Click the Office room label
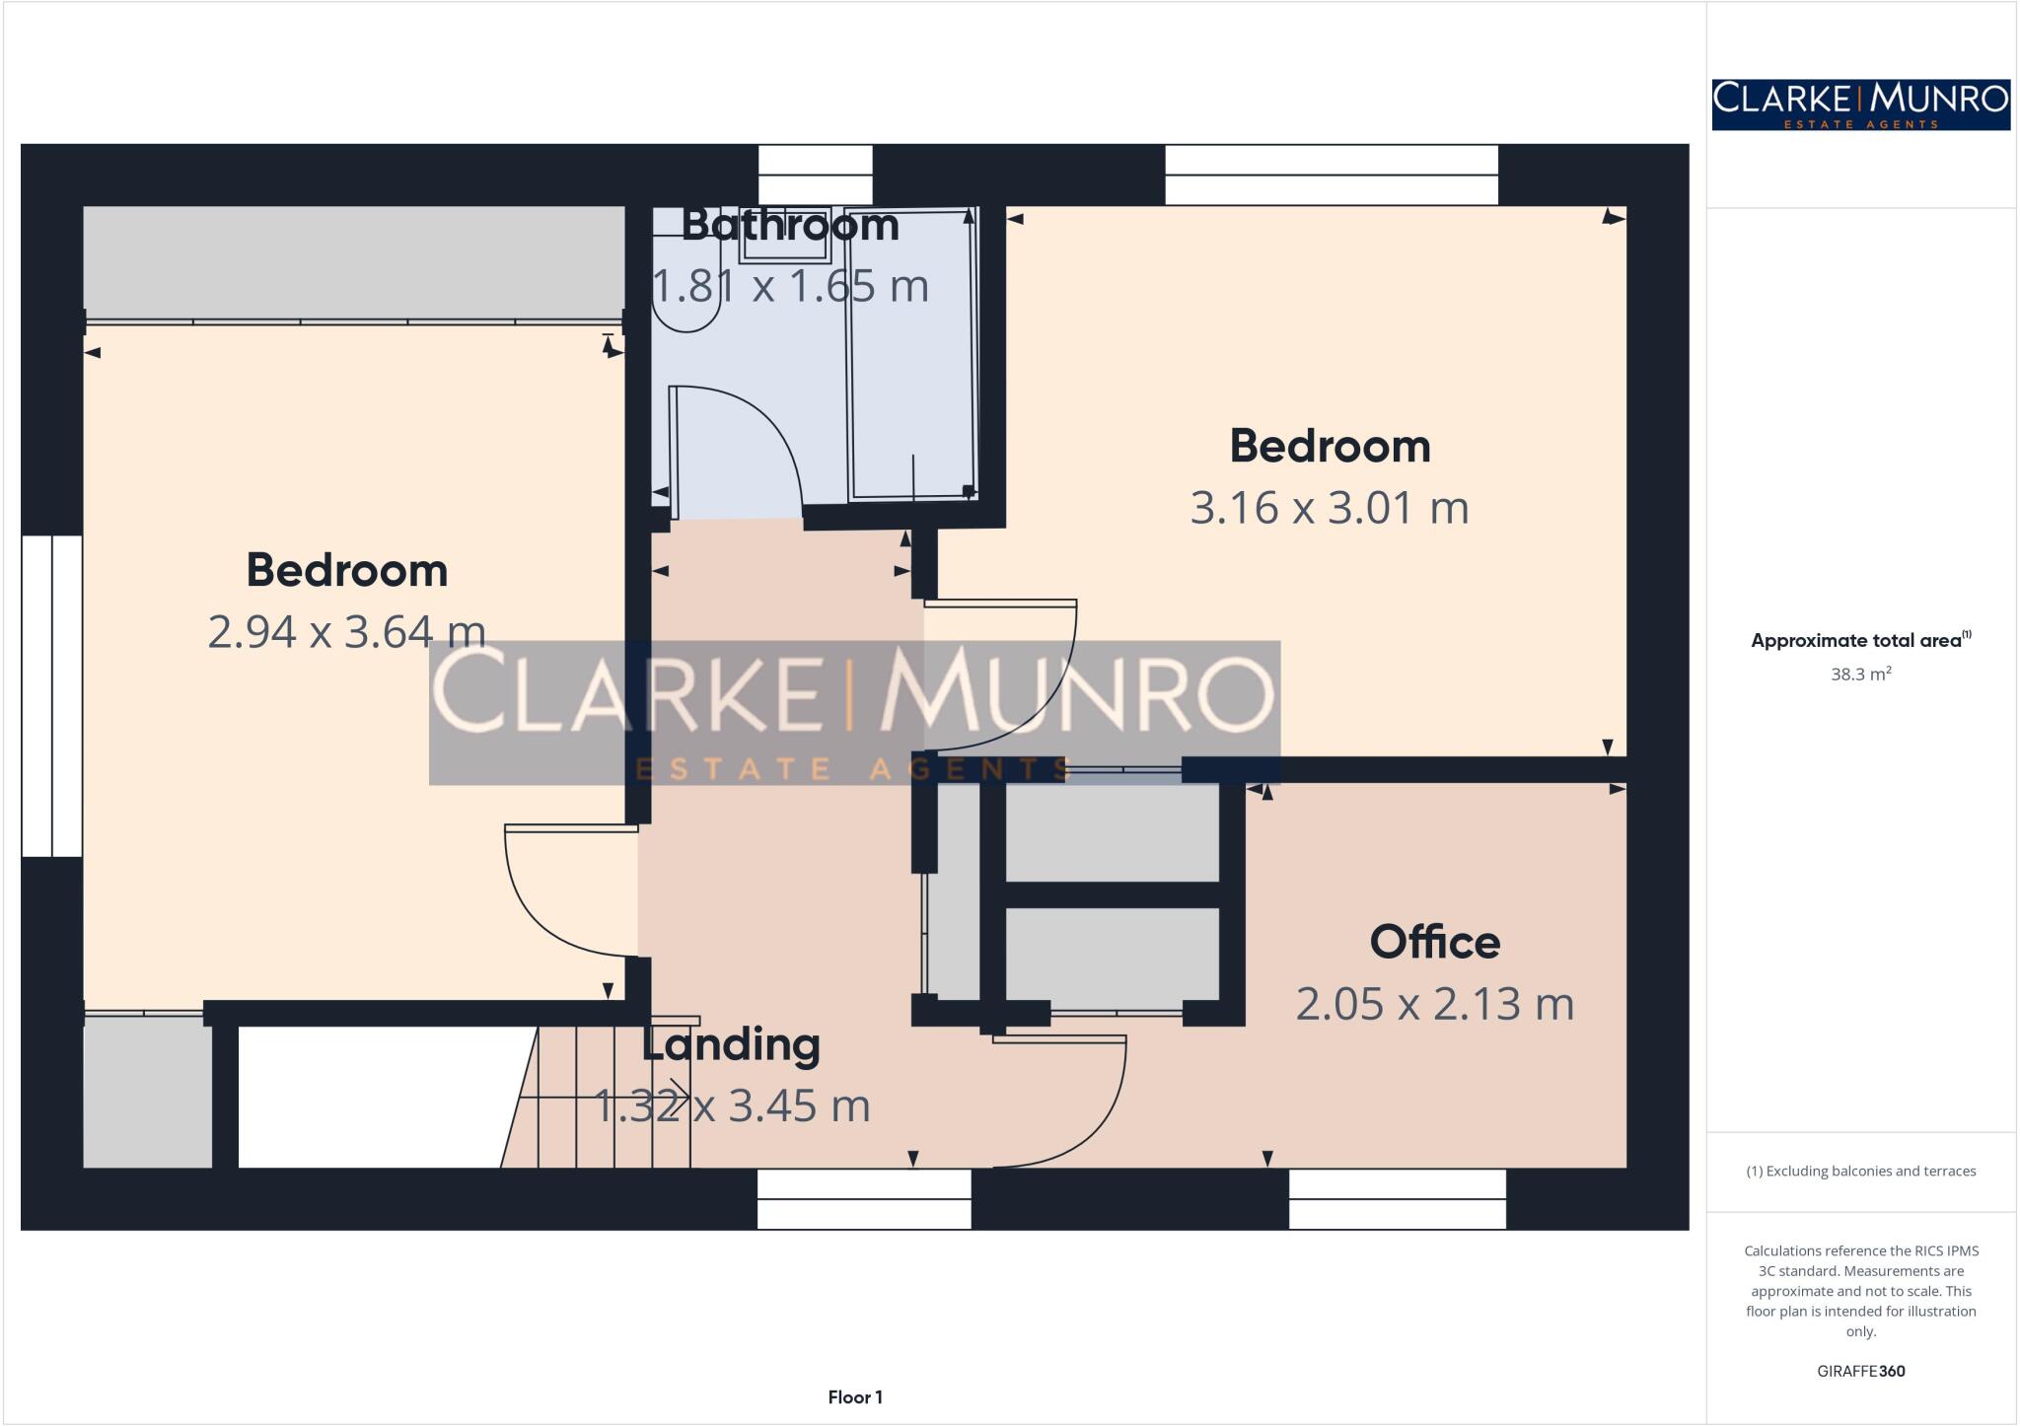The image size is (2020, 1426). [1434, 942]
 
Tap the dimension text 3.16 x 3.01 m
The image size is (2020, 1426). [1329, 508]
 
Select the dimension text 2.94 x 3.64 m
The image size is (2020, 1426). [346, 631]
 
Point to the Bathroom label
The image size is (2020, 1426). [790, 225]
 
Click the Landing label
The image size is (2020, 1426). [731, 1044]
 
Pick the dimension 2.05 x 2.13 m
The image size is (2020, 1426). [1434, 1004]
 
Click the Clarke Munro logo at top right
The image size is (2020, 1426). [1860, 105]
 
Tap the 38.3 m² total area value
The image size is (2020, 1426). [1860, 675]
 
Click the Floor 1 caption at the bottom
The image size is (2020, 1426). [855, 1396]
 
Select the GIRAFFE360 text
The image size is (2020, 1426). [1860, 1371]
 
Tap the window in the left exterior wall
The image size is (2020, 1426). [51, 695]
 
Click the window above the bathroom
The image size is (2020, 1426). [815, 175]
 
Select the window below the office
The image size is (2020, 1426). [1397, 1198]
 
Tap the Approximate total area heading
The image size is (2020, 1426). [1860, 640]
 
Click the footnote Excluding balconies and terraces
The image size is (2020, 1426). [1860, 1171]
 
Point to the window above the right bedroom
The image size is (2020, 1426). [1331, 175]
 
